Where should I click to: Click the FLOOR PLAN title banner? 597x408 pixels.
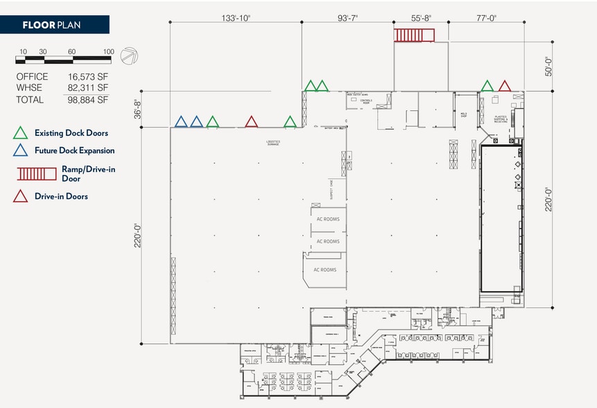coord(54,26)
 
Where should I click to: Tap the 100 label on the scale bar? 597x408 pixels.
coord(108,51)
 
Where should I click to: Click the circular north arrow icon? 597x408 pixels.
coord(128,56)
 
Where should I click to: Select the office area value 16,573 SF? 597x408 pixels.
coord(88,76)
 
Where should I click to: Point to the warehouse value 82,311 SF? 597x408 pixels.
coord(88,87)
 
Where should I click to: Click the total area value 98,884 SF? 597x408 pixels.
coord(88,99)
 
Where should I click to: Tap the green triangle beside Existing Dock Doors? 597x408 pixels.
coord(21,133)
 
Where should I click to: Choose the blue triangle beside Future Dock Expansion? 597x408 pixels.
coord(21,151)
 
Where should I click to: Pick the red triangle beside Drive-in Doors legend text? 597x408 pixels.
coord(21,196)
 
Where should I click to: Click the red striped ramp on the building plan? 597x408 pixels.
coord(413,35)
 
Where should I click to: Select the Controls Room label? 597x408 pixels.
coord(365,102)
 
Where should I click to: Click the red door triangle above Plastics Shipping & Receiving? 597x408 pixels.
coord(505,86)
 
